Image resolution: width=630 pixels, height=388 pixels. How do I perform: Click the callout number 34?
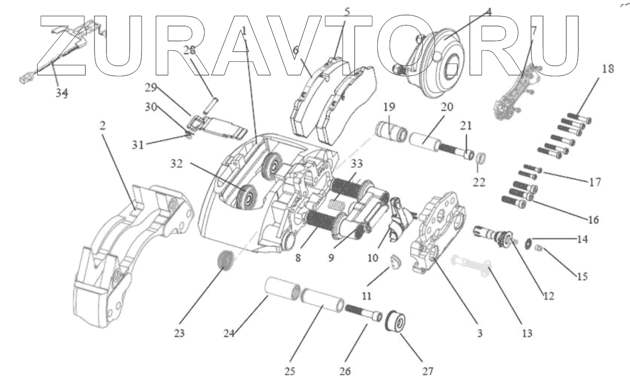pos(63,93)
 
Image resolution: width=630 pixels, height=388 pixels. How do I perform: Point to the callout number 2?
pos(102,126)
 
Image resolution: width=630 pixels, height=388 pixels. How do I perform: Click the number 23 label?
pos(178,334)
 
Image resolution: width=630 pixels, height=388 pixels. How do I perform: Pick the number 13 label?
pos(527,334)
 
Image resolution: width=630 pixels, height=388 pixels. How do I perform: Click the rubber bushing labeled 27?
pos(397,322)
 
